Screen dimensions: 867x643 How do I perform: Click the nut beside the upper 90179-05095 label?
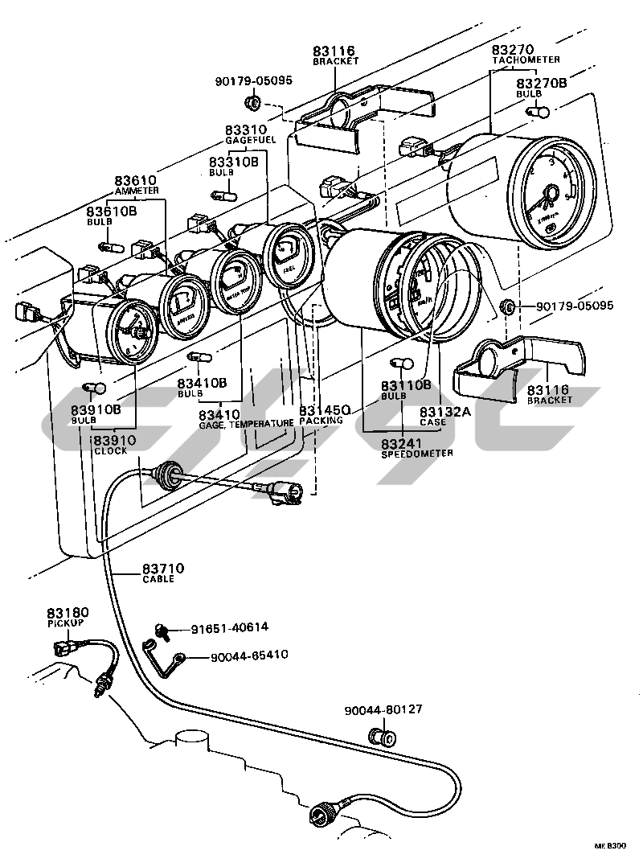[252, 104]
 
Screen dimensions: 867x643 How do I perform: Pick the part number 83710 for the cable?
[163, 569]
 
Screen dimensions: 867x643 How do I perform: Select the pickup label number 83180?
[68, 613]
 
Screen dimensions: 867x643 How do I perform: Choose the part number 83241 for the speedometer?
[402, 443]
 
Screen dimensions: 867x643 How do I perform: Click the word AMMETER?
[137, 191]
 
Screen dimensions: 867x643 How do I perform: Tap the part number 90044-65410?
[249, 656]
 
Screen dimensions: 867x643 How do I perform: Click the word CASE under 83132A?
[432, 421]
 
